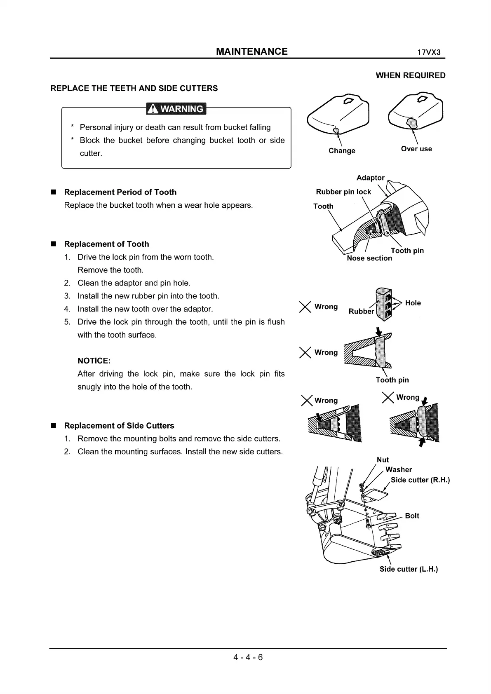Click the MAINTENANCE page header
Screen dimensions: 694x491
[x=251, y=52]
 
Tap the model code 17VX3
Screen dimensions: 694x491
[x=429, y=53]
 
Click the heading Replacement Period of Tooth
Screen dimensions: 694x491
[x=120, y=192]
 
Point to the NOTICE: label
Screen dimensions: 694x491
[x=94, y=361]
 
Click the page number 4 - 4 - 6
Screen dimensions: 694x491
[x=248, y=657]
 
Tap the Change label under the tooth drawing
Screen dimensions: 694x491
[x=342, y=151]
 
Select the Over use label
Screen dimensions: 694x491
[x=416, y=149]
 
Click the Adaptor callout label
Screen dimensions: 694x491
[x=370, y=178]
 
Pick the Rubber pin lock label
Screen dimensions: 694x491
[x=343, y=192]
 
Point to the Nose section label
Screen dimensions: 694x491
[x=369, y=258]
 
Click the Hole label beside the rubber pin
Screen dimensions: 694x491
[x=413, y=303]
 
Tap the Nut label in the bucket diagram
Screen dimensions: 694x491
[x=383, y=460]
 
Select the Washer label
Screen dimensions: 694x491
[x=399, y=469]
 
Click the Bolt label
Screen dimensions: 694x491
[x=412, y=516]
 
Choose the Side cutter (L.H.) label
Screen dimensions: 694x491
[x=409, y=569]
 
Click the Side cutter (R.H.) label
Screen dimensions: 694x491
[x=420, y=480]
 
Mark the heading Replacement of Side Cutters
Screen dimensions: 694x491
[x=119, y=426]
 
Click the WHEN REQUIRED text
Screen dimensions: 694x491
[x=411, y=75]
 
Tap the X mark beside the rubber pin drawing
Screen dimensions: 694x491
[x=305, y=307]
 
